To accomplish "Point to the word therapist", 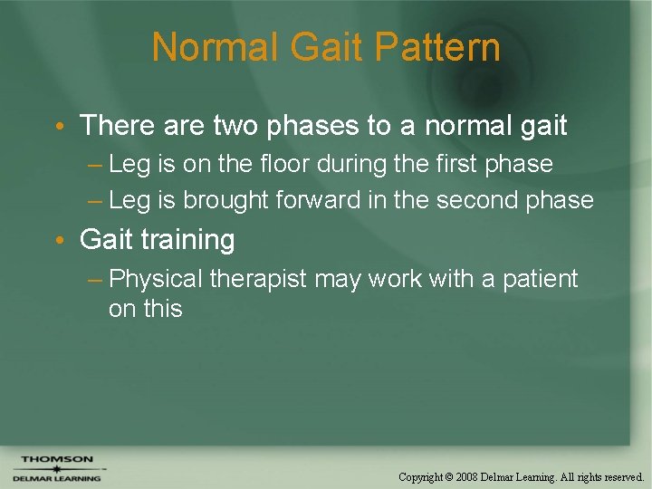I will pos(259,279).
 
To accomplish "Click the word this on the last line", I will pos(164,309).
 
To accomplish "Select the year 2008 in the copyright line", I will pos(467,476).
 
